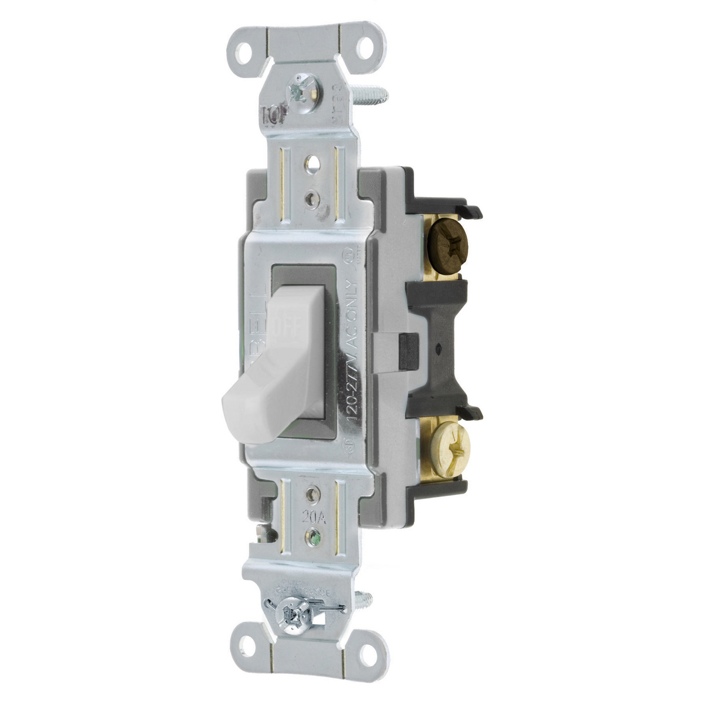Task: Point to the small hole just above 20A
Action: [x=315, y=494]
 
